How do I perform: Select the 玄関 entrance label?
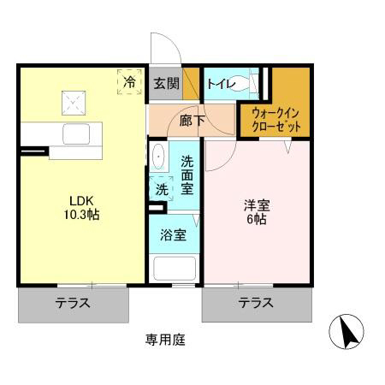[166, 84]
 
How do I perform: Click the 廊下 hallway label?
[191, 121]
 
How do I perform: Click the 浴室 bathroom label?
[175, 235]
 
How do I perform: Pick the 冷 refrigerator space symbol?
[129, 82]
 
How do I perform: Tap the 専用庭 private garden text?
[164, 339]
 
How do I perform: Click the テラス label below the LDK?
[74, 303]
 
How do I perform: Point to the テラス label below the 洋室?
[256, 303]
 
